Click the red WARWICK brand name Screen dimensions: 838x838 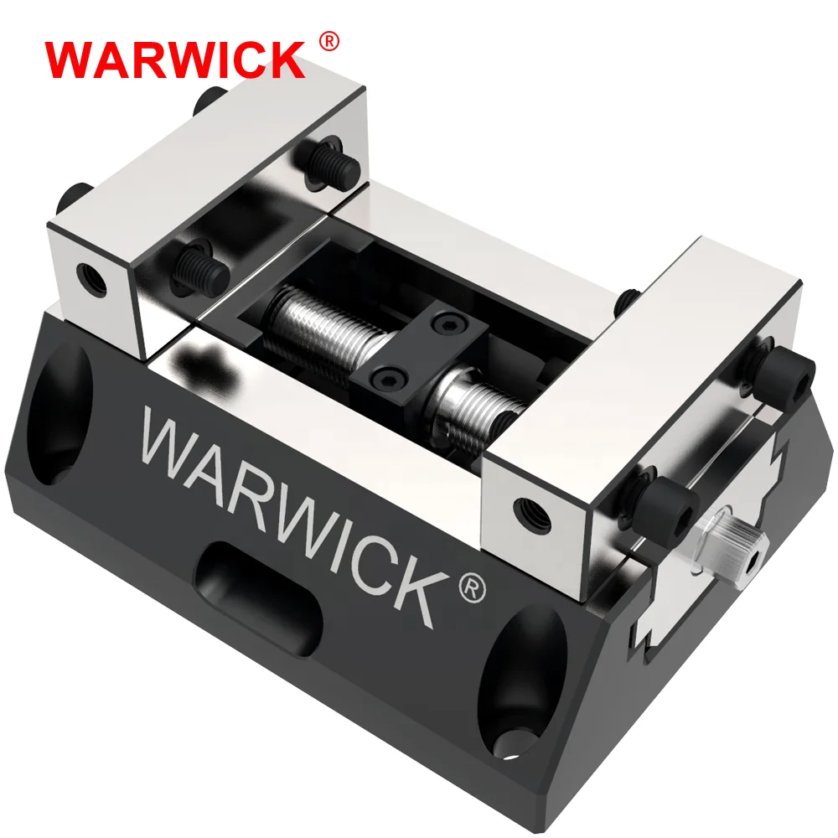[x=175, y=59]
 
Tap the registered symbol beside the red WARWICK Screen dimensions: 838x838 [x=329, y=41]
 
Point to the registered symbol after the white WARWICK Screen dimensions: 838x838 [x=473, y=587]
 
